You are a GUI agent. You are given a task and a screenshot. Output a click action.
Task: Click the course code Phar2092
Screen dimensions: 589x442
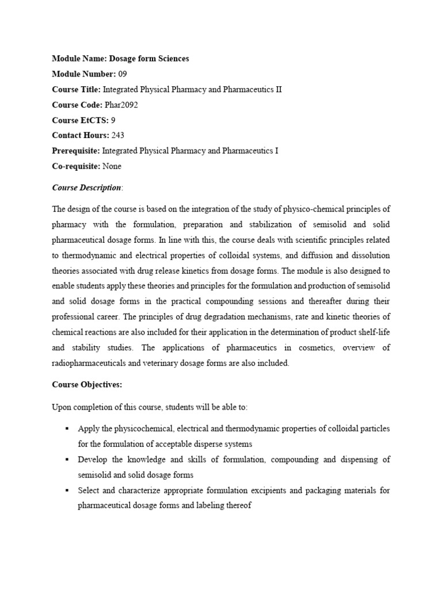[121, 105]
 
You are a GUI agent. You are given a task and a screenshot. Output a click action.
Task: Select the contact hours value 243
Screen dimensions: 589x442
[115, 135]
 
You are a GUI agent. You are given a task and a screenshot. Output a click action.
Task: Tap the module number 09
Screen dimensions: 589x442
[123, 74]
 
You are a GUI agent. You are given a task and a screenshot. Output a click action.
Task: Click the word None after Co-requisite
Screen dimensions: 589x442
[112, 166]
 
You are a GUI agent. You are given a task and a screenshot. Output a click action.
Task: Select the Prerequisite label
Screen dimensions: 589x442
[76, 151]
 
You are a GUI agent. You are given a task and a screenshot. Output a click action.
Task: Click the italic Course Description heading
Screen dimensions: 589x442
[86, 188]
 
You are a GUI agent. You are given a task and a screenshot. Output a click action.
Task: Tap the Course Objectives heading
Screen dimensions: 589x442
[87, 385]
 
